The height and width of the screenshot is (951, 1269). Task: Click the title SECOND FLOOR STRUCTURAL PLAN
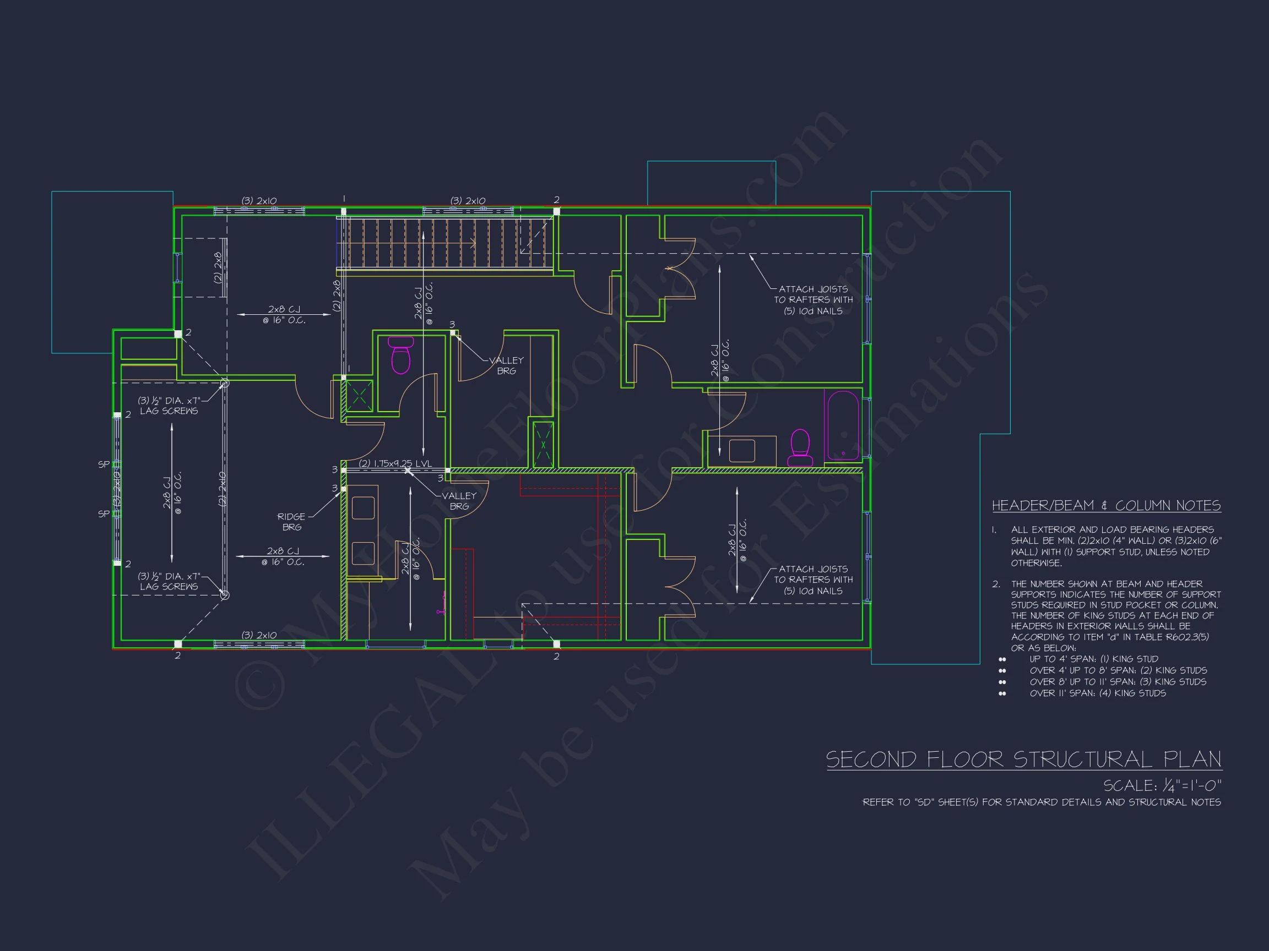pyautogui.click(x=1023, y=759)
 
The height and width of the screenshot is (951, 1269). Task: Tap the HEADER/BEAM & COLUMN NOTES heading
pyautogui.click(x=1106, y=506)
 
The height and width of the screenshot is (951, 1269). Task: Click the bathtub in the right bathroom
pyautogui.click(x=843, y=425)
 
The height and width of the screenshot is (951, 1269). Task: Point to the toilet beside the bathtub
pyautogui.click(x=800, y=447)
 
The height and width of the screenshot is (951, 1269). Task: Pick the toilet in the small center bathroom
pyautogui.click(x=400, y=356)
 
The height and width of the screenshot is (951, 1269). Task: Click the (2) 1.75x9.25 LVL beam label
pyautogui.click(x=395, y=463)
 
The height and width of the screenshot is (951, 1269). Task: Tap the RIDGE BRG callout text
pyautogui.click(x=291, y=522)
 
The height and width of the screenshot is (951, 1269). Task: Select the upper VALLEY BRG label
pyautogui.click(x=506, y=365)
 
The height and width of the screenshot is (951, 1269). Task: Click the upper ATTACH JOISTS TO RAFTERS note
pyautogui.click(x=813, y=300)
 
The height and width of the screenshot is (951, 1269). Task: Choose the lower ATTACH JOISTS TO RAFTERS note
pyautogui.click(x=813, y=580)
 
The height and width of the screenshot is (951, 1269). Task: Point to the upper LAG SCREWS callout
pyautogui.click(x=169, y=405)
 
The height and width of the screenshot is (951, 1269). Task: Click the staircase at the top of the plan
pyautogui.click(x=444, y=244)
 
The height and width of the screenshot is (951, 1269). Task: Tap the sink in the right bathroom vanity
pyautogui.click(x=742, y=451)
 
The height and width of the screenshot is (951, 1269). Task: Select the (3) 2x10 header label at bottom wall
pyautogui.click(x=259, y=635)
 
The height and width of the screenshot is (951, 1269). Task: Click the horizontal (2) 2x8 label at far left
pyautogui.click(x=218, y=267)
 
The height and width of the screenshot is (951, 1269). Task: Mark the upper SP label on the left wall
pyautogui.click(x=103, y=464)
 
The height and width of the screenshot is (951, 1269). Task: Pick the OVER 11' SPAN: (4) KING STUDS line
pyautogui.click(x=1097, y=693)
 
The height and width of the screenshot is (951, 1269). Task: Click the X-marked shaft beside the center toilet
pyautogui.click(x=359, y=396)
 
